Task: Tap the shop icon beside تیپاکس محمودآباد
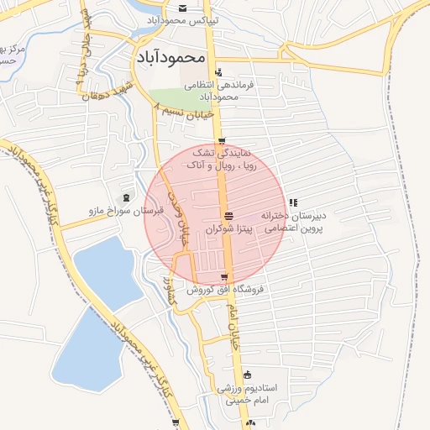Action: pyautogui.click(x=183, y=8)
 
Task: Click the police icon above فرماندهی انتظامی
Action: pyautogui.click(x=219, y=72)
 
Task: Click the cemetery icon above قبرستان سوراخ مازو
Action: pyautogui.click(x=126, y=198)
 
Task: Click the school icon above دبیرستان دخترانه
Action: pyautogui.click(x=292, y=202)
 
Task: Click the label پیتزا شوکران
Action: pyautogui.click(x=228, y=228)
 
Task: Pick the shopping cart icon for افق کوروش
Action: pyautogui.click(x=223, y=277)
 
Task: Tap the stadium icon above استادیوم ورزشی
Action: pyautogui.click(x=247, y=375)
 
